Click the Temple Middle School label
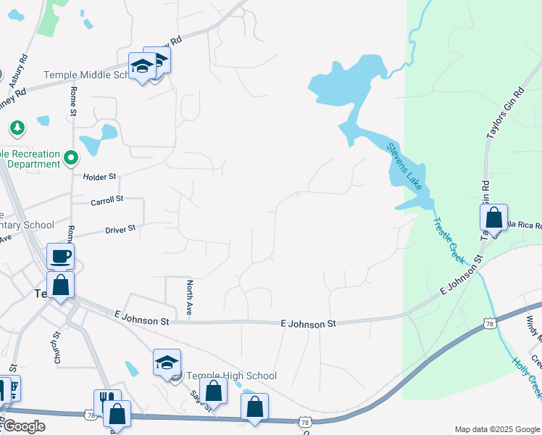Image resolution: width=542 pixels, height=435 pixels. [86, 75]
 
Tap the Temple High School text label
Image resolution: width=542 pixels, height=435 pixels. [232, 376]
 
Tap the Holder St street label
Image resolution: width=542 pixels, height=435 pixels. [99, 176]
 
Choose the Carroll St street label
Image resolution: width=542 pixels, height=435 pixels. [107, 199]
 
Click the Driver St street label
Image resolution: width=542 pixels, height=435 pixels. [120, 229]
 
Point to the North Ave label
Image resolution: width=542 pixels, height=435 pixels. [189, 297]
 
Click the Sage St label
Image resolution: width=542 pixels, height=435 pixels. [196, 400]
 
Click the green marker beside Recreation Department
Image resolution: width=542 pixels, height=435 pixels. [71, 157]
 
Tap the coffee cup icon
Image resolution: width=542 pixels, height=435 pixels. [60, 256]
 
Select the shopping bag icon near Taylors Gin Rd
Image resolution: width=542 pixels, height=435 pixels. [493, 217]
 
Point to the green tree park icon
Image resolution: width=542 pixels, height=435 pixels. [17, 128]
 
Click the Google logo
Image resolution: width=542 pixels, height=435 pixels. [23, 426]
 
